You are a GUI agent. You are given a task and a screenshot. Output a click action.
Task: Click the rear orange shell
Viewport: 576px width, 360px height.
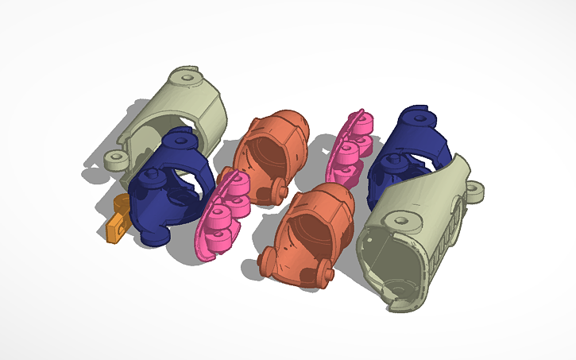point(271,147)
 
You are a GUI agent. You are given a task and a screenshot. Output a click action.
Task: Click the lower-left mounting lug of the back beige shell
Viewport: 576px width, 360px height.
point(117,160)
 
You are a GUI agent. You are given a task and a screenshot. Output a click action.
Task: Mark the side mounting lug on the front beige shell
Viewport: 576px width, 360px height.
point(475,190)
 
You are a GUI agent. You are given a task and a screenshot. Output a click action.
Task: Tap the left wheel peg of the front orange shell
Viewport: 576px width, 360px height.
point(269,261)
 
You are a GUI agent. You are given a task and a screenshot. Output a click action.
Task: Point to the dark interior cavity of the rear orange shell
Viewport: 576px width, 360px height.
point(261,156)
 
